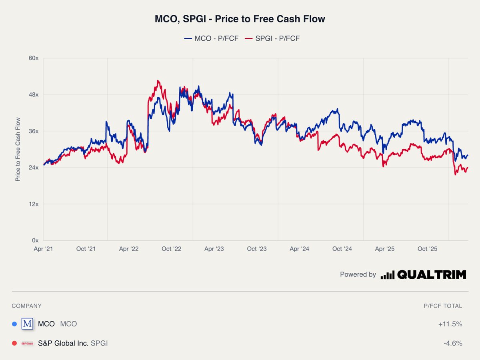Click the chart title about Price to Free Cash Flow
tap(240, 19)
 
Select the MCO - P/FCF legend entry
tap(211, 38)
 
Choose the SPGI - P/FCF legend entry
tap(272, 38)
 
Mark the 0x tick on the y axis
tap(35, 240)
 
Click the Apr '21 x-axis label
tap(43, 249)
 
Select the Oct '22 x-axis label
tap(172, 249)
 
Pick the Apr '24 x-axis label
tap(300, 249)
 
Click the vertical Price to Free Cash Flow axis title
tap(18, 149)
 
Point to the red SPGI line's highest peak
tap(158, 81)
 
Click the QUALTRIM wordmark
tap(432, 274)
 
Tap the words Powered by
tap(358, 274)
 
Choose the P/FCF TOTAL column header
tap(443, 306)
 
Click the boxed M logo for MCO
tap(27, 324)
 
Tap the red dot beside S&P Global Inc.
tap(14, 343)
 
